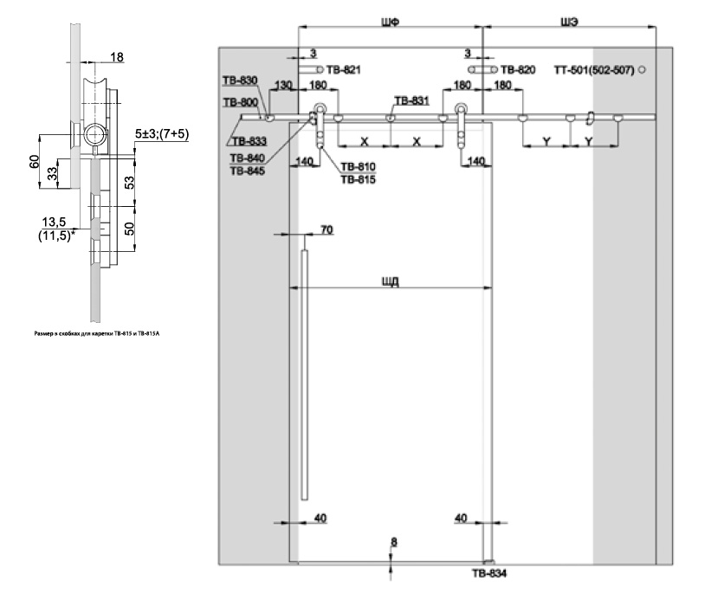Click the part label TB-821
point(344,68)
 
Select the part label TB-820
point(518,68)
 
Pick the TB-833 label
point(249,139)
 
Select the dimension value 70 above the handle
point(326,230)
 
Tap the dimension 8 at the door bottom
point(394,542)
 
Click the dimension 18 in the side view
point(117,57)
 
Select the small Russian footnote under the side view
point(81,331)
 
